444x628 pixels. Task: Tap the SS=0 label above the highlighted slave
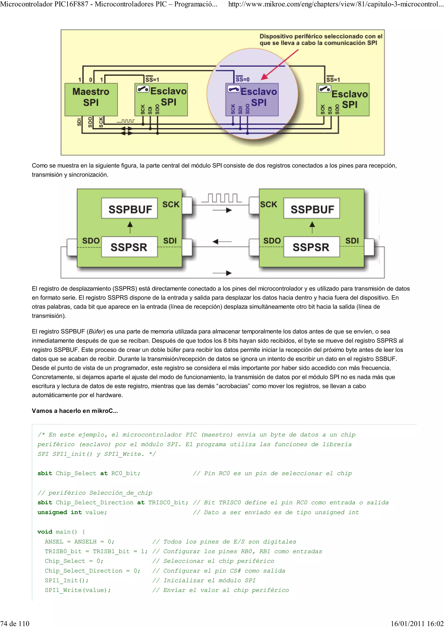click(242, 79)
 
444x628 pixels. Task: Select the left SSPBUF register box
click(129, 209)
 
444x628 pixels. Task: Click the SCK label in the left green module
click(171, 204)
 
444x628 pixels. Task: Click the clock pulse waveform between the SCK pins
click(222, 198)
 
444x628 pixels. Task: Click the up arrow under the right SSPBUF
click(312, 227)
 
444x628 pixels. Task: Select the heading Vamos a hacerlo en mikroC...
click(75, 411)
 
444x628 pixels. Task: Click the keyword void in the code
click(45, 532)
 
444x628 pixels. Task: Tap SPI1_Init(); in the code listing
click(67, 580)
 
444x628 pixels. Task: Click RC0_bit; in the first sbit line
click(126, 473)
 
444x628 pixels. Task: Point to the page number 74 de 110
click(15, 623)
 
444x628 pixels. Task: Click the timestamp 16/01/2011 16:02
click(417, 623)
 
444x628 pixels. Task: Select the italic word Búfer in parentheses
click(96, 332)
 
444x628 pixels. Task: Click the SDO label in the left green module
click(91, 241)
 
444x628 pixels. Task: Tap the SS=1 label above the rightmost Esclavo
click(333, 79)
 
